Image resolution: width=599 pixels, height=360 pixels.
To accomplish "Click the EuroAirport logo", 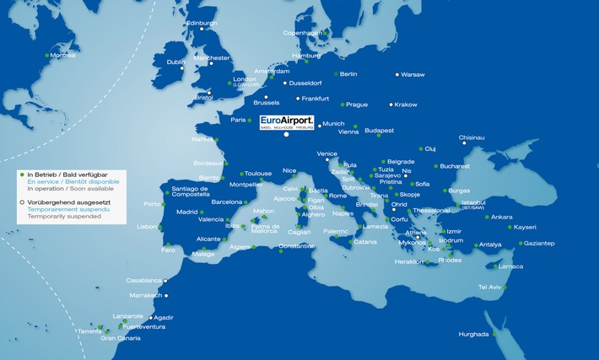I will pyautogui.click(x=287, y=123).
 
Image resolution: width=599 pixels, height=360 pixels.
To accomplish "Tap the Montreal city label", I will pyautogui.click(x=63, y=56).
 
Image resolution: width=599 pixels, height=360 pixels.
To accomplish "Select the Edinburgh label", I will pyautogui.click(x=202, y=23).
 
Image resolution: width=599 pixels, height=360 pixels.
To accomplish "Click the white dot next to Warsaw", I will pyautogui.click(x=395, y=73).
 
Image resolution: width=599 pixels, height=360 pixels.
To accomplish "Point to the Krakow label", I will pyautogui.click(x=406, y=105).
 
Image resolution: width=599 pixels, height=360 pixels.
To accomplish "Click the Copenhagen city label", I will pyautogui.click(x=302, y=33).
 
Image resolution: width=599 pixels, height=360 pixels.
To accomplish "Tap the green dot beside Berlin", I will pyautogui.click(x=335, y=73).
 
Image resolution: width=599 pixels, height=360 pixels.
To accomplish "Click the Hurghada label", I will pyautogui.click(x=473, y=335).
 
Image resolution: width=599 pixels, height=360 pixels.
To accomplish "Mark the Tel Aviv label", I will pyautogui.click(x=489, y=287).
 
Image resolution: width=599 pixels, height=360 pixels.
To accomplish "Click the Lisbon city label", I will pyautogui.click(x=147, y=227).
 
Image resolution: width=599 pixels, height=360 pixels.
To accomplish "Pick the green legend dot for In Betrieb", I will pyautogui.click(x=21, y=175).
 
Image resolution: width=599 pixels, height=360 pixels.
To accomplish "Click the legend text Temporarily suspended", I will pyautogui.click(x=64, y=217).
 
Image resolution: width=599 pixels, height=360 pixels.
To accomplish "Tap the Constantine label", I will pyautogui.click(x=296, y=247).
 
